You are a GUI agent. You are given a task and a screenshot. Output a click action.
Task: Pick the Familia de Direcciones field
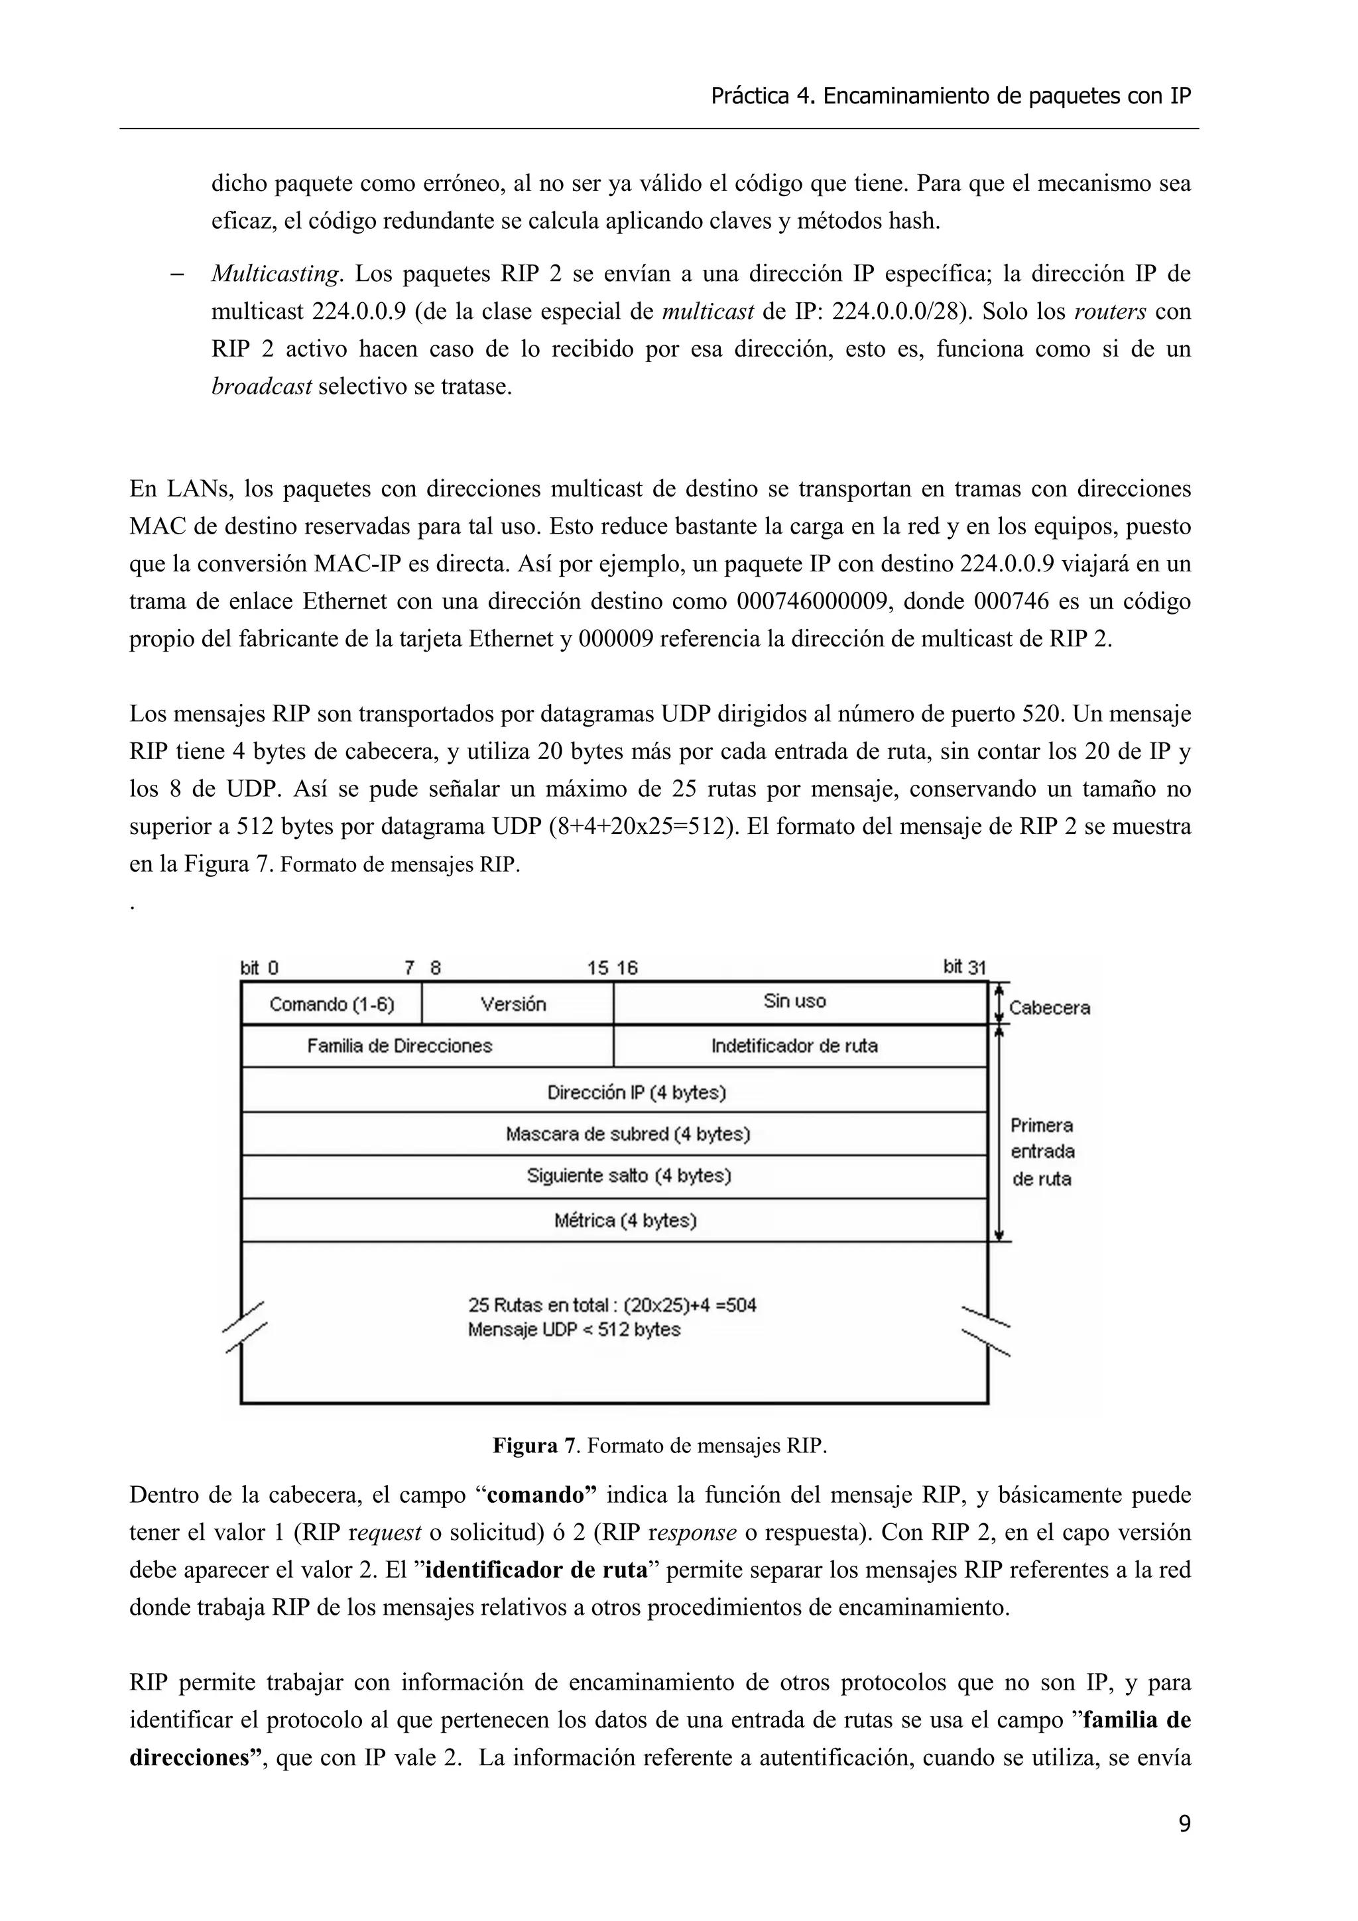click(399, 1046)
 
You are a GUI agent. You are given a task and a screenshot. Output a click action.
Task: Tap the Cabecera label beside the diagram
click(1049, 1008)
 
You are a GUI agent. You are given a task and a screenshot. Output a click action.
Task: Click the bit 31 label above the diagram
click(965, 967)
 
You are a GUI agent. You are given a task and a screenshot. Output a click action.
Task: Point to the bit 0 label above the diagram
click(259, 968)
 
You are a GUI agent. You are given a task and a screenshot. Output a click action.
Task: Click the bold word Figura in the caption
click(525, 1446)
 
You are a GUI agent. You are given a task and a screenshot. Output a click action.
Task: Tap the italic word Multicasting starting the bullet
click(276, 274)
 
